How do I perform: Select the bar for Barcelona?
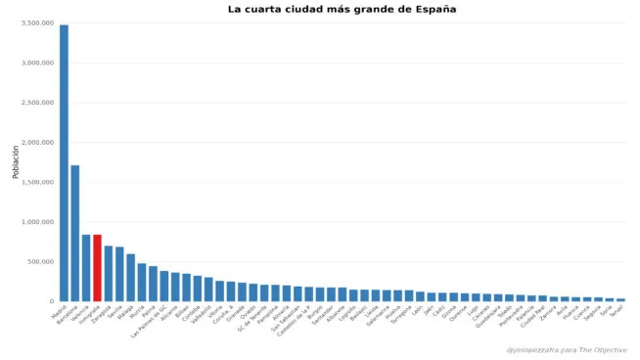tap(75, 234)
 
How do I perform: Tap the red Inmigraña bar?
tap(97, 268)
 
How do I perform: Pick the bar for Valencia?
tap(86, 268)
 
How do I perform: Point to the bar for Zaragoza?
tap(109, 274)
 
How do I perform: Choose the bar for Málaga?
tap(130, 278)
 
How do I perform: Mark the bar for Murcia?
tap(142, 283)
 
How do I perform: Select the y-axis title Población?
tap(16, 161)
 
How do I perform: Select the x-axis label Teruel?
tap(617, 311)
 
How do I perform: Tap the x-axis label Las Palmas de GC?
tap(150, 321)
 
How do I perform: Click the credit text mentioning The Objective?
tap(566, 349)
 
